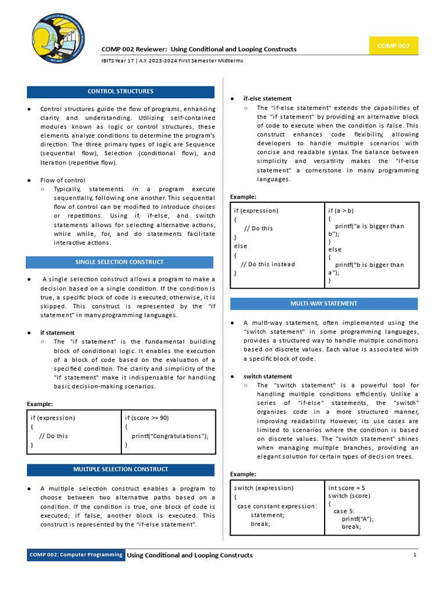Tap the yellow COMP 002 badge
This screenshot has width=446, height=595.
click(x=393, y=46)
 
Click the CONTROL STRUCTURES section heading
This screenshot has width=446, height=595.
click(x=120, y=92)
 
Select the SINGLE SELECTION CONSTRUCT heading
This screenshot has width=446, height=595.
click(x=120, y=262)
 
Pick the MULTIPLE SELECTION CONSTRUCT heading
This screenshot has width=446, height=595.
click(x=120, y=469)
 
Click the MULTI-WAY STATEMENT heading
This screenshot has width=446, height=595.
click(x=324, y=304)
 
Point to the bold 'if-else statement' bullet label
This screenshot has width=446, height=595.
click(x=267, y=99)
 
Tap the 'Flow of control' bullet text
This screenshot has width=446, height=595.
click(x=63, y=180)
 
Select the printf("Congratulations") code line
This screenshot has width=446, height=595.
click(x=170, y=436)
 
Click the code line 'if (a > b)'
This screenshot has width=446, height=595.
click(x=341, y=210)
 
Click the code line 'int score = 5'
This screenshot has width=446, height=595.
click(x=347, y=488)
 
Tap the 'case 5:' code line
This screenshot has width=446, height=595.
click(x=343, y=511)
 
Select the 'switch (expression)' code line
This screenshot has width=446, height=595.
click(x=264, y=488)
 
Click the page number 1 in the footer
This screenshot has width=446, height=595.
click(x=415, y=555)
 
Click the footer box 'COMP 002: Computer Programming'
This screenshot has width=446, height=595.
click(x=76, y=555)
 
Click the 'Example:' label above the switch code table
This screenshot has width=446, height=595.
click(x=243, y=474)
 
